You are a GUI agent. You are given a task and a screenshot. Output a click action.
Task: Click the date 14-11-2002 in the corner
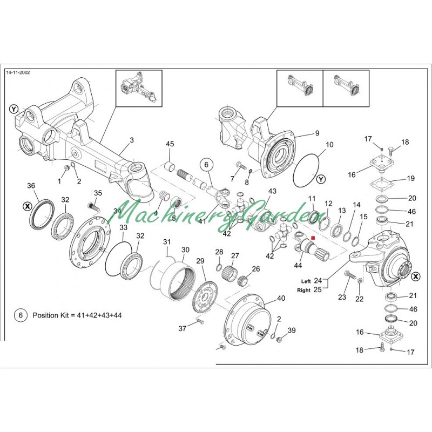[x=17, y=72]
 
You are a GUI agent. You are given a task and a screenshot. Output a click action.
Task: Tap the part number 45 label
[x=170, y=144]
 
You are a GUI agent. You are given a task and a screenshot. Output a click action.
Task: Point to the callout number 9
[x=317, y=133]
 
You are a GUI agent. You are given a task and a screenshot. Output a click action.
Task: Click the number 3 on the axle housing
[x=131, y=141]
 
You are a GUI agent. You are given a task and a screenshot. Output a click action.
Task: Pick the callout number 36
[x=31, y=186]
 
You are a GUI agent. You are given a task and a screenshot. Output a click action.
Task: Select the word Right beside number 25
[x=303, y=290]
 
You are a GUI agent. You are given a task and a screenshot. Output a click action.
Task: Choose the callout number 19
[x=410, y=178]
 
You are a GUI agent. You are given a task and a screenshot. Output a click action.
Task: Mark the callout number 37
[x=183, y=328]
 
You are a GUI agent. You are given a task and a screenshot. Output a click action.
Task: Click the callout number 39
[x=292, y=330]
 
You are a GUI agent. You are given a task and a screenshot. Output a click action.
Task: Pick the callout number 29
[x=200, y=261]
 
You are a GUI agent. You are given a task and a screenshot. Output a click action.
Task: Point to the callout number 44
[x=298, y=265]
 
